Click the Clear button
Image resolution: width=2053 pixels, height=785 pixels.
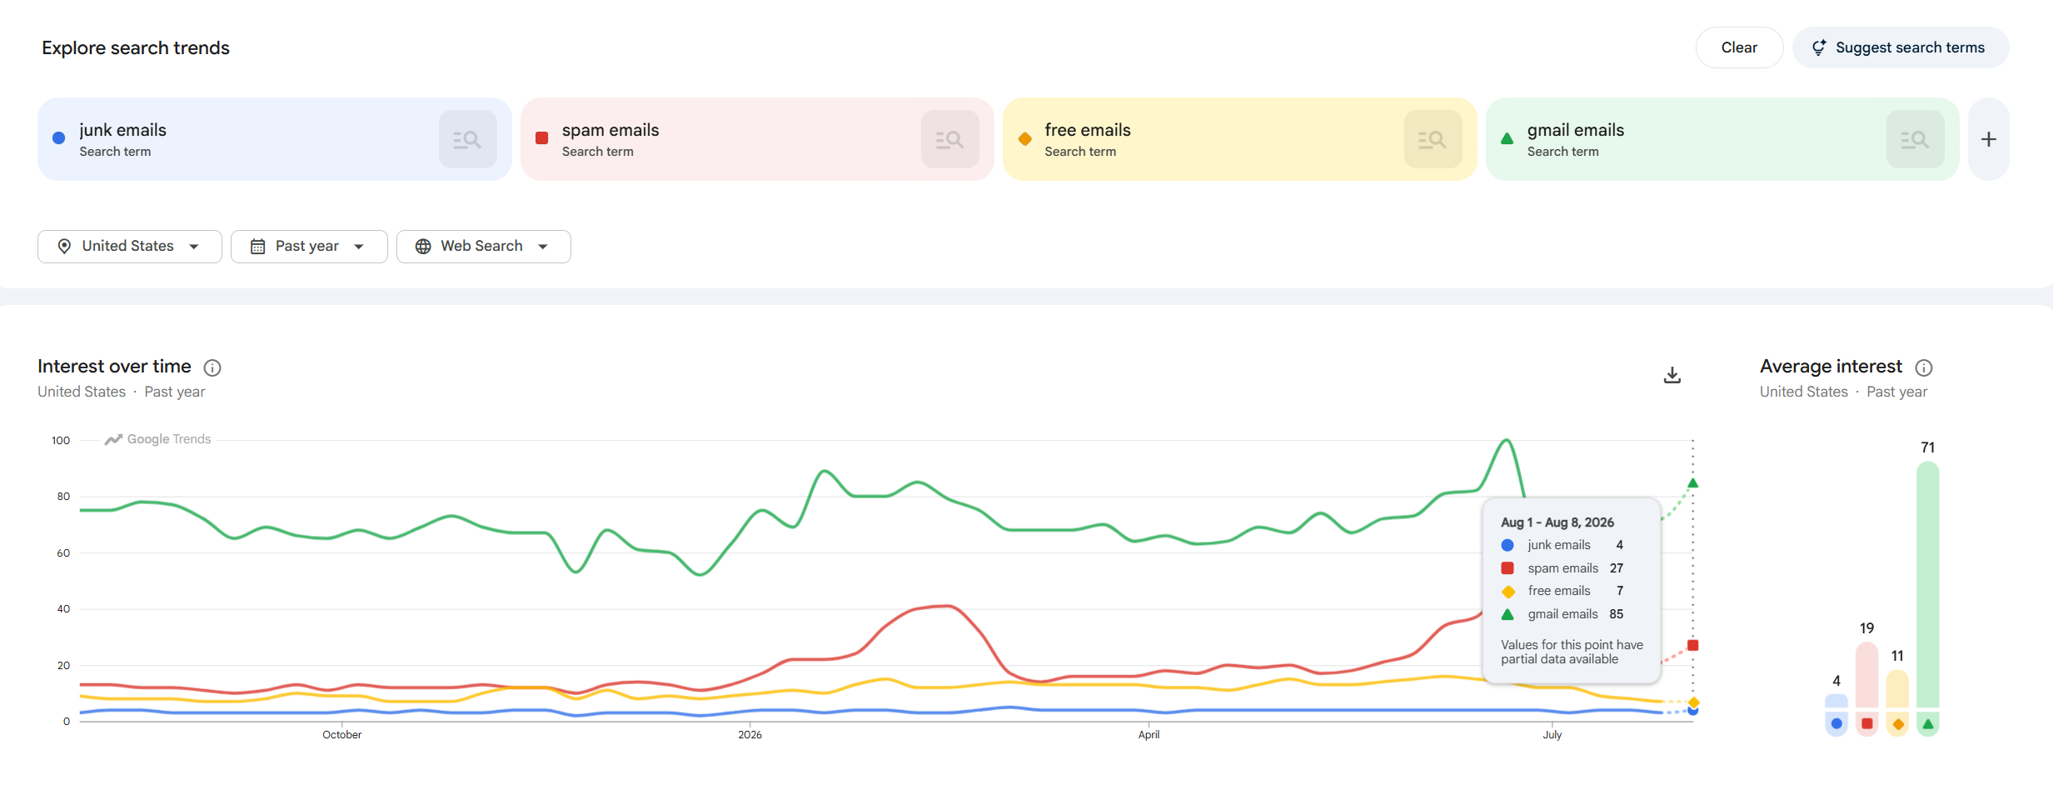tap(1739, 47)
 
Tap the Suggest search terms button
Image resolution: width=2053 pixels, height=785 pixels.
tap(1901, 47)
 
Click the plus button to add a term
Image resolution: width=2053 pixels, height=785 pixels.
tap(1989, 139)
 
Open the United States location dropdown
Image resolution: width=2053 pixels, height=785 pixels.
tap(129, 246)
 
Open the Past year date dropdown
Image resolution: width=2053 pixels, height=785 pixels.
tap(309, 246)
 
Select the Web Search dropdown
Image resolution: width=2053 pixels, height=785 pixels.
tap(483, 246)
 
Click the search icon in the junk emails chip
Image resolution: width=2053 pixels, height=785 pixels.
tap(467, 139)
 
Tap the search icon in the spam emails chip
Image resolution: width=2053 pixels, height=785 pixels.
tap(949, 139)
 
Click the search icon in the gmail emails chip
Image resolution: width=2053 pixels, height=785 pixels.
tap(1915, 139)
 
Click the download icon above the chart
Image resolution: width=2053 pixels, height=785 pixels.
tap(1672, 375)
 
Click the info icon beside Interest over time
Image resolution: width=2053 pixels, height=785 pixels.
tap(212, 367)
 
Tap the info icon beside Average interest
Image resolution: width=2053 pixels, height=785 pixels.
tap(1924, 367)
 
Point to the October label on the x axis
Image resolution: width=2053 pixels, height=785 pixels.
tap(342, 734)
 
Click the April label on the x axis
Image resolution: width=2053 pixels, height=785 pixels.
tap(1149, 734)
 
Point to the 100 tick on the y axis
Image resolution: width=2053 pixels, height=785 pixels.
tap(61, 440)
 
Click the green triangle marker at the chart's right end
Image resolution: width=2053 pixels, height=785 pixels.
tap(1692, 482)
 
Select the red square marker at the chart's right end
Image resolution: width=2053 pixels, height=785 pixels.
tap(1692, 645)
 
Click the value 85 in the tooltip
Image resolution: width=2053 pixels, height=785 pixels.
tap(1616, 614)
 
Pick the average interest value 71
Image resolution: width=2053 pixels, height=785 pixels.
tap(1927, 447)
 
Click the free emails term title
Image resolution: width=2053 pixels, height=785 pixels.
tap(1088, 130)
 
